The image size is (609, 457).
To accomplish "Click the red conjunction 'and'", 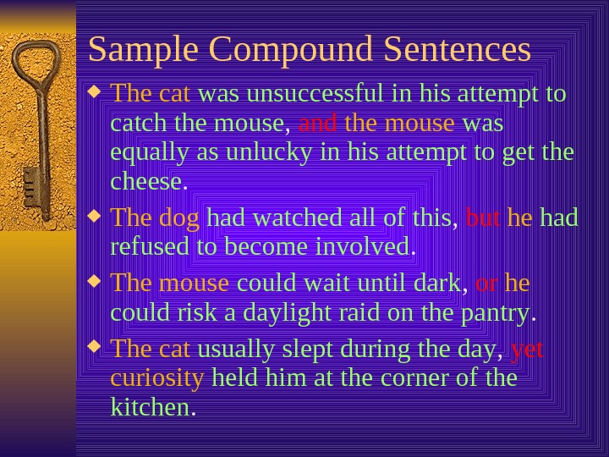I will [x=318, y=124].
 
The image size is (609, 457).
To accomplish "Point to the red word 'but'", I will [x=483, y=218].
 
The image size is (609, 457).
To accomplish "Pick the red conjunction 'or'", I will [x=486, y=282].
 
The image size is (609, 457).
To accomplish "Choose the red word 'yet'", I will [x=527, y=348].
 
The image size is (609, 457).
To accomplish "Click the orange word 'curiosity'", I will [x=157, y=377].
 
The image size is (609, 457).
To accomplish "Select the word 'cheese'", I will [x=146, y=181].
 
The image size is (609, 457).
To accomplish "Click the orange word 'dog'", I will [x=179, y=218].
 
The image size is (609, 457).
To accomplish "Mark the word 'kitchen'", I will [x=151, y=408].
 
